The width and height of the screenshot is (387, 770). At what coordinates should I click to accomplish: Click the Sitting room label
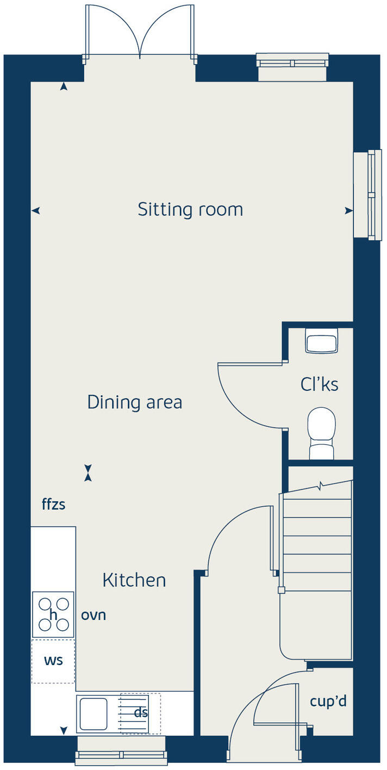click(x=190, y=209)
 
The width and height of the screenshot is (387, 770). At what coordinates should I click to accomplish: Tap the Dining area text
click(x=134, y=402)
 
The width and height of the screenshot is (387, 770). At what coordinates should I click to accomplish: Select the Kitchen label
click(x=134, y=580)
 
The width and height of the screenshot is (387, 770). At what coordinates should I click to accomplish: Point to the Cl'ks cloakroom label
click(x=319, y=384)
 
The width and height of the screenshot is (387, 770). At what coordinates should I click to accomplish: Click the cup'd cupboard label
click(x=328, y=701)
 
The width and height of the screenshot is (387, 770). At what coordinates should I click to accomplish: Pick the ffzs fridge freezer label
click(x=53, y=505)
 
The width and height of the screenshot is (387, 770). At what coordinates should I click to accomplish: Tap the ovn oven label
click(x=93, y=615)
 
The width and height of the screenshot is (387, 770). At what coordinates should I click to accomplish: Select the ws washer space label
click(x=53, y=661)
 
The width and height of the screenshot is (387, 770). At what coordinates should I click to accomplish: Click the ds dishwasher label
click(x=141, y=712)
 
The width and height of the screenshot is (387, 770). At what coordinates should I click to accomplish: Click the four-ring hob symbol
click(x=53, y=614)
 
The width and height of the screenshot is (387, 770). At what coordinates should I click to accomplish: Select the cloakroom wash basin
click(x=321, y=341)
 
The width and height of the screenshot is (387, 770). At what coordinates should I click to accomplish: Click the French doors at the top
click(x=140, y=33)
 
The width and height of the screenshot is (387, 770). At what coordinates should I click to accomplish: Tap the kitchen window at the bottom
click(x=121, y=754)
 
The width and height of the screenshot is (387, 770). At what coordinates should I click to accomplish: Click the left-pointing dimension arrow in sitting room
click(x=36, y=210)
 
